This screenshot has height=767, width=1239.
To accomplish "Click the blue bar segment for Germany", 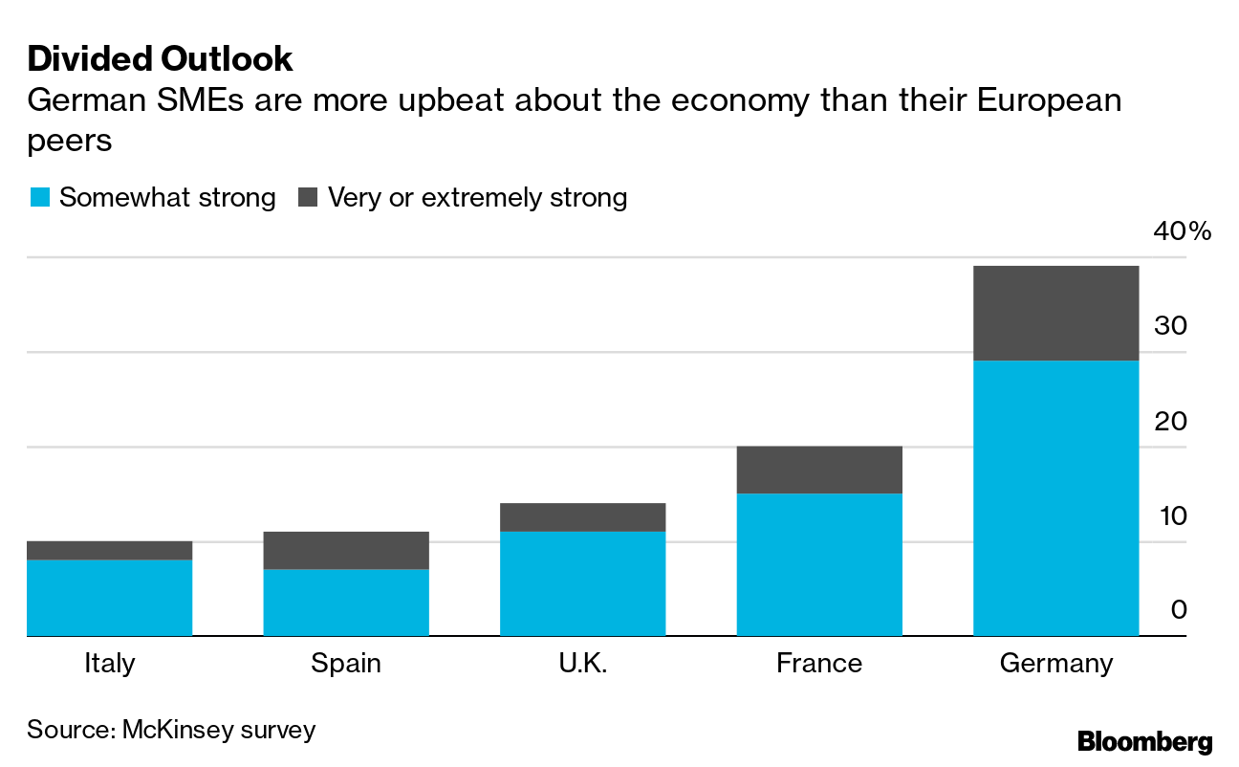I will (1055, 497).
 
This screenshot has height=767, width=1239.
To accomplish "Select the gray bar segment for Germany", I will (1055, 313).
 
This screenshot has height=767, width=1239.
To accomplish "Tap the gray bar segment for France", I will (819, 470).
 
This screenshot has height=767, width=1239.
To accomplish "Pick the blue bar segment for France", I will (819, 564).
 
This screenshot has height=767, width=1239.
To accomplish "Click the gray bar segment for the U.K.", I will (582, 516).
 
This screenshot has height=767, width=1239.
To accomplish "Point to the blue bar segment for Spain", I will (346, 603).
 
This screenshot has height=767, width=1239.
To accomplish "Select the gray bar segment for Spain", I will (346, 550).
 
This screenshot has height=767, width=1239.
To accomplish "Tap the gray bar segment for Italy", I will (109, 550).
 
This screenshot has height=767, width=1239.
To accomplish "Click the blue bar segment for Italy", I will (109, 598).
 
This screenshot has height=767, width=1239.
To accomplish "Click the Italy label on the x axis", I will (109, 663).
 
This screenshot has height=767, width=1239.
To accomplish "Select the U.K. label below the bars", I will (582, 663).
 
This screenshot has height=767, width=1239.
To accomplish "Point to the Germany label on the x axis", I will (1055, 663).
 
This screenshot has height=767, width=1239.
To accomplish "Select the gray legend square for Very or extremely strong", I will (308, 198).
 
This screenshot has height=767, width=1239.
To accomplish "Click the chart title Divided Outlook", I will (160, 59).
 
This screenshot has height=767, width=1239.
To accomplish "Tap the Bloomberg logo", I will (1144, 741).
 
